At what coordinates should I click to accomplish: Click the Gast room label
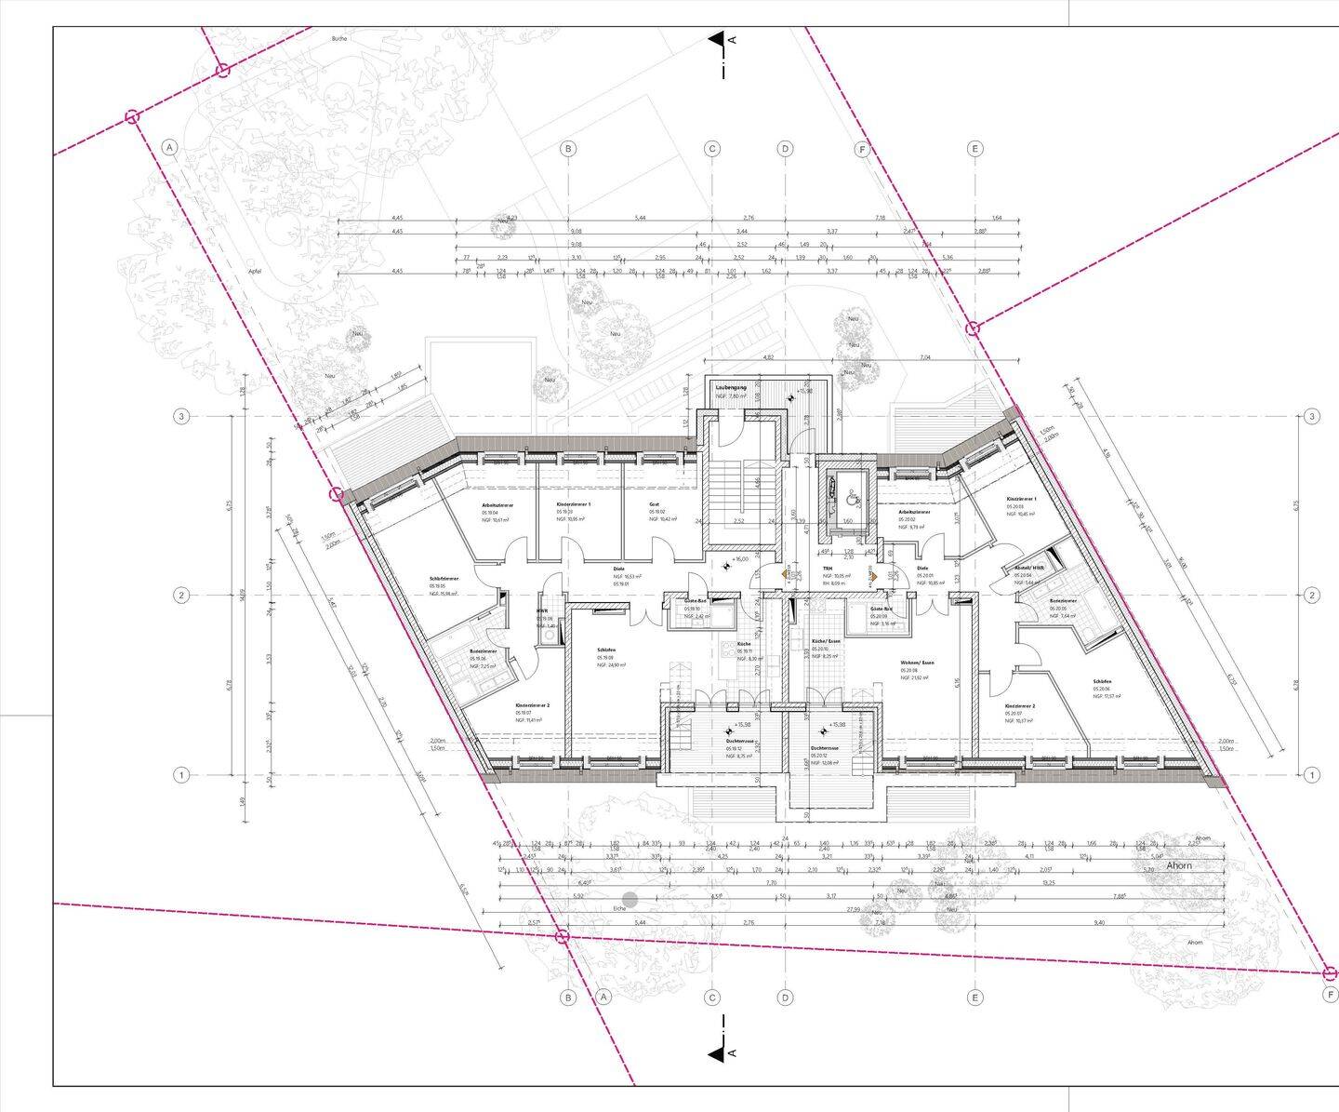pos(655,503)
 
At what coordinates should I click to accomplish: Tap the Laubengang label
pos(730,387)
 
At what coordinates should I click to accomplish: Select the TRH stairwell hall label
pos(827,568)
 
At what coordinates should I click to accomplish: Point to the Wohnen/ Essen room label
pos(917,663)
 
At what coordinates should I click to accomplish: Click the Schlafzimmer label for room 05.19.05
pos(444,578)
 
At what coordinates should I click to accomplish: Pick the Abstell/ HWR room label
pos(1030,568)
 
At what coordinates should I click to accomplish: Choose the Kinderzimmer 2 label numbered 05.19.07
pos(533,706)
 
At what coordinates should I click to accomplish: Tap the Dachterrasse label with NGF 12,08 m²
pos(826,748)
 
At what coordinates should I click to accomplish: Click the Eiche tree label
pos(619,908)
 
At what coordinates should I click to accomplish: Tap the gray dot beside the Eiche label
pos(630,899)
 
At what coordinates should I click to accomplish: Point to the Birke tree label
pos(339,39)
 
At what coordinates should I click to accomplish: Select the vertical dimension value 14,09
pos(245,596)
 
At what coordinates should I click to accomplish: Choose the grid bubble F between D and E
pos(861,149)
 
